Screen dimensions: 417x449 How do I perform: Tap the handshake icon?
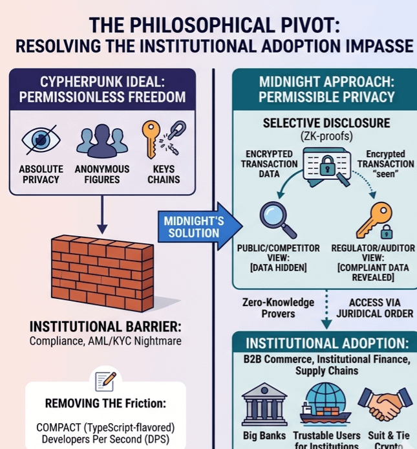point(384,404)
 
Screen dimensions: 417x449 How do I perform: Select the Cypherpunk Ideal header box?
point(103,90)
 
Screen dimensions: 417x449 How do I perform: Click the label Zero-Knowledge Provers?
point(278,308)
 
